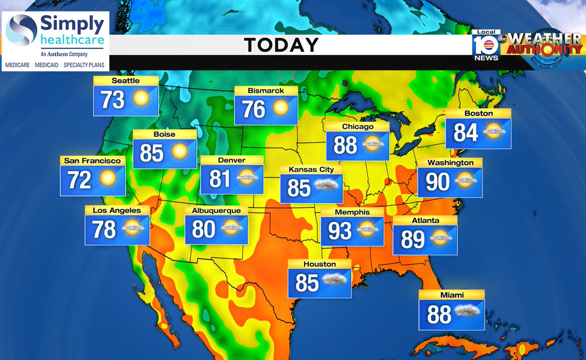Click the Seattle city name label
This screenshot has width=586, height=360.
coord(126,81)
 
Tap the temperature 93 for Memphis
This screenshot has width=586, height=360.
coord(339,231)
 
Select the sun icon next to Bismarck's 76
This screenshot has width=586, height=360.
coord(281,108)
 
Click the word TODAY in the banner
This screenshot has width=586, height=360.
coord(281,45)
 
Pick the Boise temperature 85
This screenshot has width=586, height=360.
coord(151,152)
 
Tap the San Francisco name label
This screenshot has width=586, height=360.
coord(92,160)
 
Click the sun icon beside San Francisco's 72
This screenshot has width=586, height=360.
coord(107,179)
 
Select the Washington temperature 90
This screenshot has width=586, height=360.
coord(438,182)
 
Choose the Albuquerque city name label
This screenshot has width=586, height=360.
coord(216,211)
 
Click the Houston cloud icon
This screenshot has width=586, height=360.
coord(335,280)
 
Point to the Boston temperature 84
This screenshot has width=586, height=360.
coord(466,132)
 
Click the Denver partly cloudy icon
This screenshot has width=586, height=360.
coord(248,178)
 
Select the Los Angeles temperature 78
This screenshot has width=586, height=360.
coord(104,229)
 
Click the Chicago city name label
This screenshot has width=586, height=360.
coord(357,127)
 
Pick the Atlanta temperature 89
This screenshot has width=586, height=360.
coord(413,239)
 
